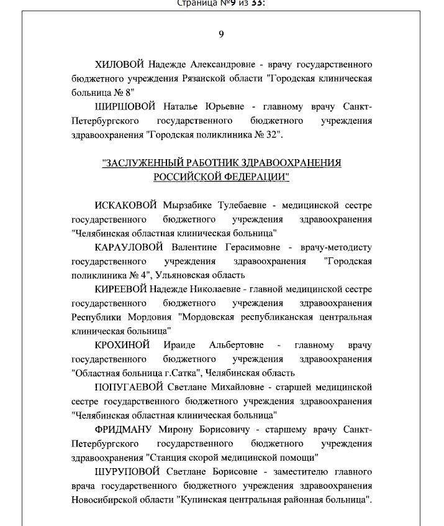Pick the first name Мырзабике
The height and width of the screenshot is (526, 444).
click(x=188, y=205)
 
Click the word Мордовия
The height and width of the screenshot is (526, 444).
click(x=148, y=317)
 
